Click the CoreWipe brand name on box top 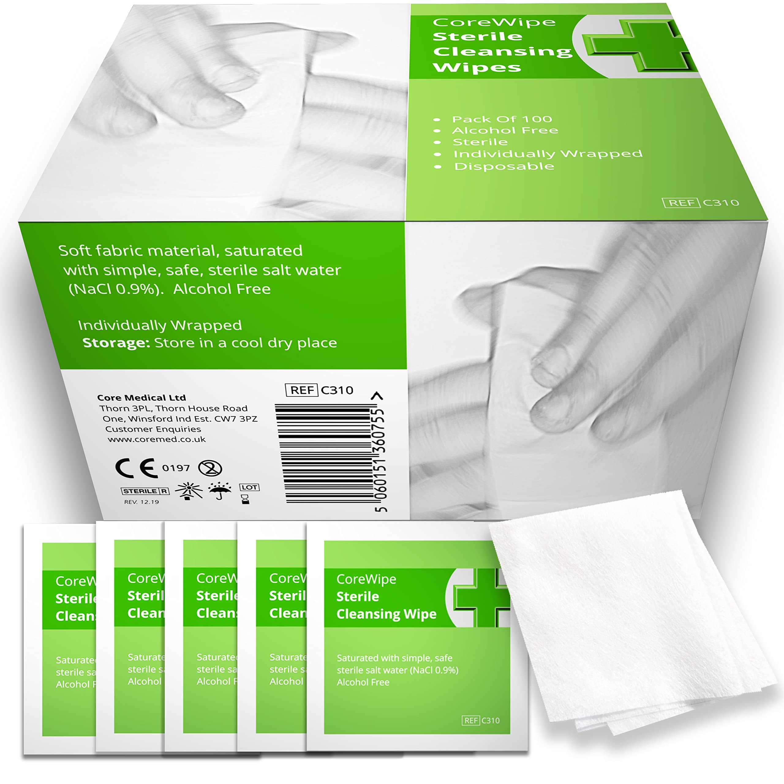(x=494, y=22)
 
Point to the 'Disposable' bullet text (x=504, y=166)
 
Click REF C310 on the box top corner (x=700, y=202)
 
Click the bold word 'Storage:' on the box (x=116, y=343)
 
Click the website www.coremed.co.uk (x=156, y=439)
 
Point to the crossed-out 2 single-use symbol (x=210, y=468)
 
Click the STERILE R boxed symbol (x=145, y=491)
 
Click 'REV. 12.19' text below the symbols (x=141, y=502)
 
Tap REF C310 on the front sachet (x=481, y=721)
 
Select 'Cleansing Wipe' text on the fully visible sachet (x=386, y=614)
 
